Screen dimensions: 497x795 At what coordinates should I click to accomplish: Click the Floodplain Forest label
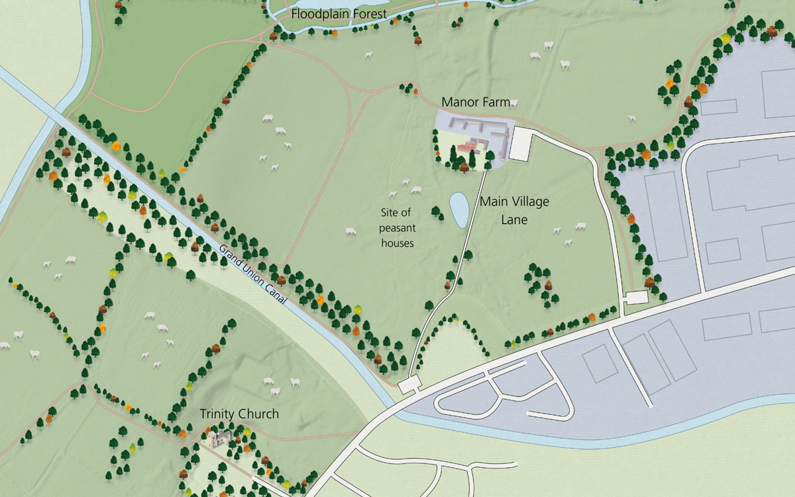point(339,14)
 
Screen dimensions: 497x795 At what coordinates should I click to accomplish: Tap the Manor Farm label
point(476,103)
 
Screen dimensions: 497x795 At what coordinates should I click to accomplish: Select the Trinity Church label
point(239,415)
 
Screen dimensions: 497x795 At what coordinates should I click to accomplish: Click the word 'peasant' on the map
point(397,228)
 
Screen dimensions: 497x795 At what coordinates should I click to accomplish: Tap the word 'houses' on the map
point(397,243)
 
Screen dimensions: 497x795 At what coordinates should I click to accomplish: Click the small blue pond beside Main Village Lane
point(458,209)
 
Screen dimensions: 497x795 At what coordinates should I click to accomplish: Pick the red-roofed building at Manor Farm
point(468,146)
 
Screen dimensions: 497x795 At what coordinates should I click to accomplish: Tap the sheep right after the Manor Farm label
point(515,103)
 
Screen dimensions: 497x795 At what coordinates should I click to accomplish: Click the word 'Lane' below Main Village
point(514,219)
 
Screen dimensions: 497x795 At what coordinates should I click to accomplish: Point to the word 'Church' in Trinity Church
point(259,415)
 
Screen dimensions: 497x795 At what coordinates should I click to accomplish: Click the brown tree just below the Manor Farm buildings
point(464,166)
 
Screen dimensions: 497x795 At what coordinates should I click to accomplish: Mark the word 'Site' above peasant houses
point(397,213)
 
